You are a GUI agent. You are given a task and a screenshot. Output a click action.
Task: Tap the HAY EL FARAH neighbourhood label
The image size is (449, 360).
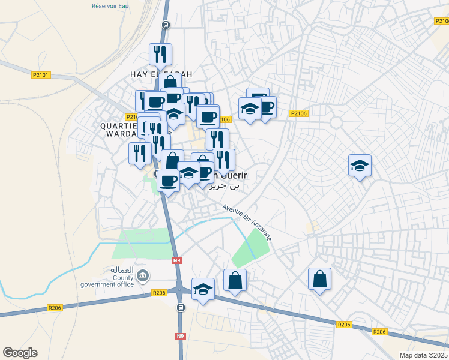pos(161,74)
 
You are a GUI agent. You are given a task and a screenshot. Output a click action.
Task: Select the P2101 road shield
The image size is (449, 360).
pos(41,75)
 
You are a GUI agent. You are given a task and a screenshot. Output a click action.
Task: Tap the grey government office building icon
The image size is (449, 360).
pos(143,276)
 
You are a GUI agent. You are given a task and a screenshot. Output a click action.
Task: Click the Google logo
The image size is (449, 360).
pos(20,353)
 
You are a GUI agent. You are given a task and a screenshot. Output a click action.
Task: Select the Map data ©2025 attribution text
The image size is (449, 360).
pos(423,355)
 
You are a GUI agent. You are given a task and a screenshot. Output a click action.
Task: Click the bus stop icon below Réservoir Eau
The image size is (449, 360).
pos(166,25)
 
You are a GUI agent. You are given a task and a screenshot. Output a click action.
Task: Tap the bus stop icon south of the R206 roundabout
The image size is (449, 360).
pos(181,308)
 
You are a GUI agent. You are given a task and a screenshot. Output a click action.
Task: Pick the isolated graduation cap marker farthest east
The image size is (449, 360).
pos(360,166)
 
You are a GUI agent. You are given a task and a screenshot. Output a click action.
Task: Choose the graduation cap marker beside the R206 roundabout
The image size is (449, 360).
pos(203,289)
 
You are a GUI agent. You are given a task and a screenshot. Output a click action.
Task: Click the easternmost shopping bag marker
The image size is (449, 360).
pos(320,279)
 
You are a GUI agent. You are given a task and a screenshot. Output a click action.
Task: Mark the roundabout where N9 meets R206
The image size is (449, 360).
pos(179,290)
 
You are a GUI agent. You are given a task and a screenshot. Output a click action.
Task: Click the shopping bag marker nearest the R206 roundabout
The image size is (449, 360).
pos(235,280)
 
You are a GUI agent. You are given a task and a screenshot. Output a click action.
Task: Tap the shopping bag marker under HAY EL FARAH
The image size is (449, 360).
pos(170,82)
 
